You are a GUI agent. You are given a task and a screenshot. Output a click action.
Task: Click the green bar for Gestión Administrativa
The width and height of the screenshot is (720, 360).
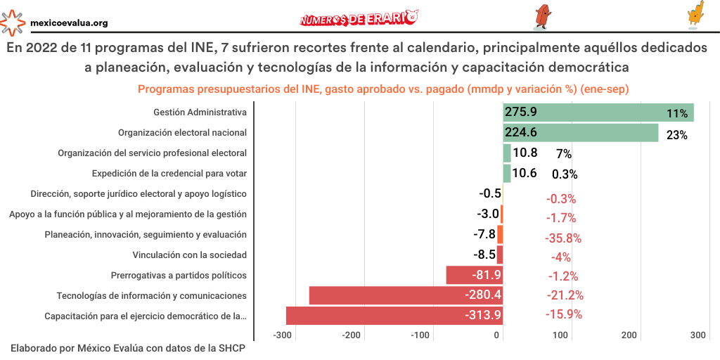[x=598, y=112]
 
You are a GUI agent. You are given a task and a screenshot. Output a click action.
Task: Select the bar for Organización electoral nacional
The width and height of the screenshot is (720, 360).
[x=580, y=133]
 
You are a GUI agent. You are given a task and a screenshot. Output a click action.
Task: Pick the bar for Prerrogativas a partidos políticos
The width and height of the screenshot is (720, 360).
[x=474, y=275]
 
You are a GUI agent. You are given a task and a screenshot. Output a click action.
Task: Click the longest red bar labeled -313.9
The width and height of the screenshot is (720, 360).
[x=394, y=315]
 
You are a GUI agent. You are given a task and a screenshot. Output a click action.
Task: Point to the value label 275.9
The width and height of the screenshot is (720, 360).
[x=521, y=112]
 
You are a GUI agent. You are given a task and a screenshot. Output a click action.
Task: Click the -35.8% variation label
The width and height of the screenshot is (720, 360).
[x=563, y=238]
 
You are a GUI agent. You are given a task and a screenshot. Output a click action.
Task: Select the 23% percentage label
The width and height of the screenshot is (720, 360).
[x=676, y=135]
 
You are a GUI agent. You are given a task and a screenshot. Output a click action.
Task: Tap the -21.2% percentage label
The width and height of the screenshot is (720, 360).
[x=565, y=295]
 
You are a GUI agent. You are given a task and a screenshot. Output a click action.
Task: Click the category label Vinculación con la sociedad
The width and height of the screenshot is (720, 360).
[x=189, y=255]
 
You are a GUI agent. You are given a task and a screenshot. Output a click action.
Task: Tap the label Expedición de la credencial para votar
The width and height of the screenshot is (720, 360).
[x=169, y=173]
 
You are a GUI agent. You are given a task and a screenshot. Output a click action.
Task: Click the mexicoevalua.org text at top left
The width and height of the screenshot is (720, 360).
[x=69, y=22]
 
